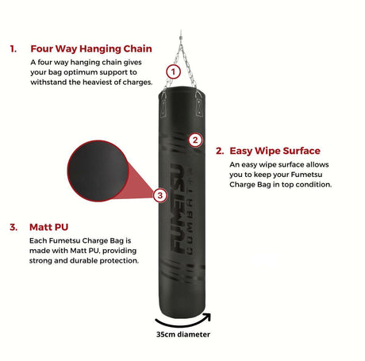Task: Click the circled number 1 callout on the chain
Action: click(x=173, y=72)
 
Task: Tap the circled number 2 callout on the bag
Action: click(x=195, y=140)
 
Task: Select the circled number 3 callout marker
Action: click(x=160, y=195)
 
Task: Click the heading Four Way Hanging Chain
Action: click(x=91, y=49)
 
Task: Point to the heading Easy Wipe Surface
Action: click(x=275, y=151)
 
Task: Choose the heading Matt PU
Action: click(x=48, y=227)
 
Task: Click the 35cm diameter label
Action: click(x=183, y=335)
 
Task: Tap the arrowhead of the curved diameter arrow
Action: click(x=207, y=317)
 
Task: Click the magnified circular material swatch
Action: click(x=98, y=171)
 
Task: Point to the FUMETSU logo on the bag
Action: click(x=178, y=208)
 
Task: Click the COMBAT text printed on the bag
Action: click(x=190, y=212)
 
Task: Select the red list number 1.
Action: click(x=13, y=49)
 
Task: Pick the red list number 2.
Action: click(x=220, y=151)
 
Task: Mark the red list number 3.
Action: click(x=13, y=227)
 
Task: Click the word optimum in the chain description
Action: click(x=81, y=72)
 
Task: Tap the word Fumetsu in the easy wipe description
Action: click(x=306, y=175)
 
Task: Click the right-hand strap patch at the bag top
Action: click(x=199, y=107)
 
